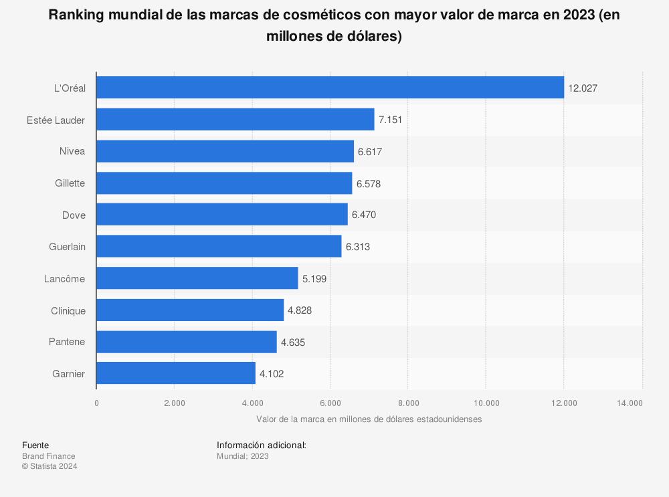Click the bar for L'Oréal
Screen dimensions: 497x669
[x=330, y=88]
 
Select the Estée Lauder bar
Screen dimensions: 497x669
[x=235, y=120]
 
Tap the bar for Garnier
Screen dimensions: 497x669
[x=176, y=374]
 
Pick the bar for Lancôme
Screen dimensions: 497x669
[x=197, y=278]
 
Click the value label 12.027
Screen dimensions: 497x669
[x=583, y=88]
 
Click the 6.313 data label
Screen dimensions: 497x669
[x=357, y=247]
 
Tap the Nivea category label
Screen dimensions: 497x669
[x=72, y=151]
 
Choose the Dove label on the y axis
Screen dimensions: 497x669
[x=74, y=215]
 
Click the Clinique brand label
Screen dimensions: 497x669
[x=68, y=310]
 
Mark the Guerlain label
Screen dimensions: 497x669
[x=67, y=247]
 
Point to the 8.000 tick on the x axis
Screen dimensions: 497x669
[x=408, y=403]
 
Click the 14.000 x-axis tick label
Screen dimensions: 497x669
[x=630, y=403]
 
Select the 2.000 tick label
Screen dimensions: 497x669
[x=174, y=403]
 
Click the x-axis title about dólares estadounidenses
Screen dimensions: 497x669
[x=369, y=419]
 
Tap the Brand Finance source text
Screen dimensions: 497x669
[x=48, y=456]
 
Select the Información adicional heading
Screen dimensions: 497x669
[x=261, y=445]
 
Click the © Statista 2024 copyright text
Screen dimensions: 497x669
[x=50, y=467]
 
